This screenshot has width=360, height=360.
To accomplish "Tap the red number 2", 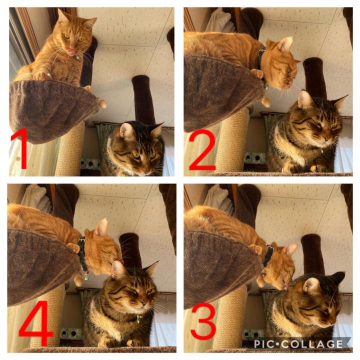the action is coord(202,149).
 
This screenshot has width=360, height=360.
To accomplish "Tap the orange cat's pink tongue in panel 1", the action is coord(71,51).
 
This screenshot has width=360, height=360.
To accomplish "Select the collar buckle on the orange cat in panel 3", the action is coord(269,249).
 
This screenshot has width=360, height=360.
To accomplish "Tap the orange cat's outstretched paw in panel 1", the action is coord(42,75).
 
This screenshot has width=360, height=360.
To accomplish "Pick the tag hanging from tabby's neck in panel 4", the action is coord(138,318).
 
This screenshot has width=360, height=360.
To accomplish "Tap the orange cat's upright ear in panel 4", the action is coord(102,227).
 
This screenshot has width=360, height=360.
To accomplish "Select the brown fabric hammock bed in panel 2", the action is coord(223,92).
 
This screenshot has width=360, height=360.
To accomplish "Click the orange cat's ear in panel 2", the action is coord(286,44).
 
